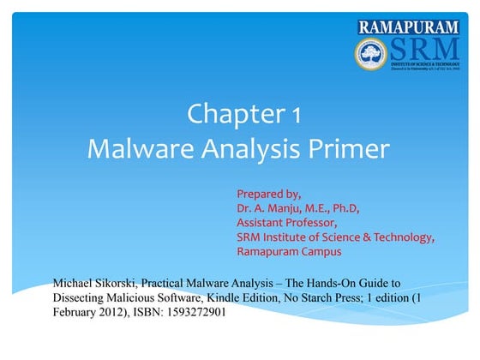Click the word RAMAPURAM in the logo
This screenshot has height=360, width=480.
tap(409, 27)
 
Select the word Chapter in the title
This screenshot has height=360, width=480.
tap(227, 114)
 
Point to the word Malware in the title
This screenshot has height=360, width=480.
tap(142, 149)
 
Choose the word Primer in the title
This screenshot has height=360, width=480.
tap(356, 149)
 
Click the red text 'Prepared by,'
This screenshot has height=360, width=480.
tap(267, 193)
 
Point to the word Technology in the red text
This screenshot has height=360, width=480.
tap(403, 237)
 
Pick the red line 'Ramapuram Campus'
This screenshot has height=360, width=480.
tap(289, 252)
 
